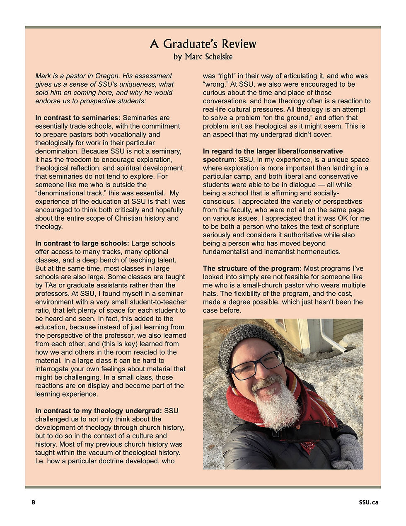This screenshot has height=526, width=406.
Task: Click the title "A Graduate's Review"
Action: (203, 44)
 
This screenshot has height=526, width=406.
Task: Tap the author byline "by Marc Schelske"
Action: (203, 57)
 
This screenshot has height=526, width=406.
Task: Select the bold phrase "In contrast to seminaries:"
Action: (77, 118)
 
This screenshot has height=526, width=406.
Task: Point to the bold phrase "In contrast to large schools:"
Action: (82, 244)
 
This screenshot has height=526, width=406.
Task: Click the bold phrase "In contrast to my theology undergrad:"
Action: (99, 411)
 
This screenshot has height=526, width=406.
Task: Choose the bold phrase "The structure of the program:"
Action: (252, 268)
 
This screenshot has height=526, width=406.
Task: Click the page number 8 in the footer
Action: (33, 502)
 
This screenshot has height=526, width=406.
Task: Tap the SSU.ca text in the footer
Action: (368, 502)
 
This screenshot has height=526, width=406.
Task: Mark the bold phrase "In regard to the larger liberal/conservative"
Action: (273, 151)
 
